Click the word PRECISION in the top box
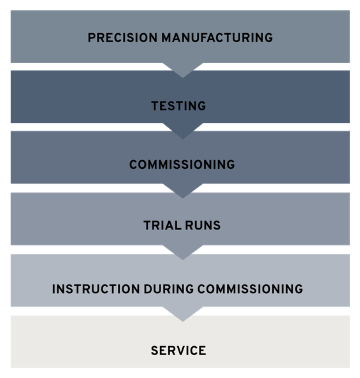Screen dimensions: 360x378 point(122,38)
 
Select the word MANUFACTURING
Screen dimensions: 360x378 point(217,38)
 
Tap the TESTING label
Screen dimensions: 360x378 point(178,106)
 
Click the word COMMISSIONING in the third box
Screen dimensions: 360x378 point(182,164)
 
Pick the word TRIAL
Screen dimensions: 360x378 point(162,226)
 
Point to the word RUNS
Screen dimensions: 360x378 point(203,226)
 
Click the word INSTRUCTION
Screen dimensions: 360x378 point(96,289)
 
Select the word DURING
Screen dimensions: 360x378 point(169,289)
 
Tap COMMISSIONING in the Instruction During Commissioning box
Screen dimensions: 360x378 point(250,289)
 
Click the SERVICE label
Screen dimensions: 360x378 point(178,351)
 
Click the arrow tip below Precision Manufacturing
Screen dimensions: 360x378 point(183,78)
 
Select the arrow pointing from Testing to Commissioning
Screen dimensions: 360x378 point(183,131)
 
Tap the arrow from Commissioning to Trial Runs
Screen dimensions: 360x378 point(183,191)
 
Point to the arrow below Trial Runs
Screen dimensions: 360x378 point(183,252)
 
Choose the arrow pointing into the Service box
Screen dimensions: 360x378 point(183,314)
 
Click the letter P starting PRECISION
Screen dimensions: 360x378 point(92,38)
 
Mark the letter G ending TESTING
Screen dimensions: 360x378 point(202,106)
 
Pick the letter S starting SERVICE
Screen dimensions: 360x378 point(155,351)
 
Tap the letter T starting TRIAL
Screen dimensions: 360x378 point(147,226)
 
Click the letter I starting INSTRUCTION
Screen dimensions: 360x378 point(54,289)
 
